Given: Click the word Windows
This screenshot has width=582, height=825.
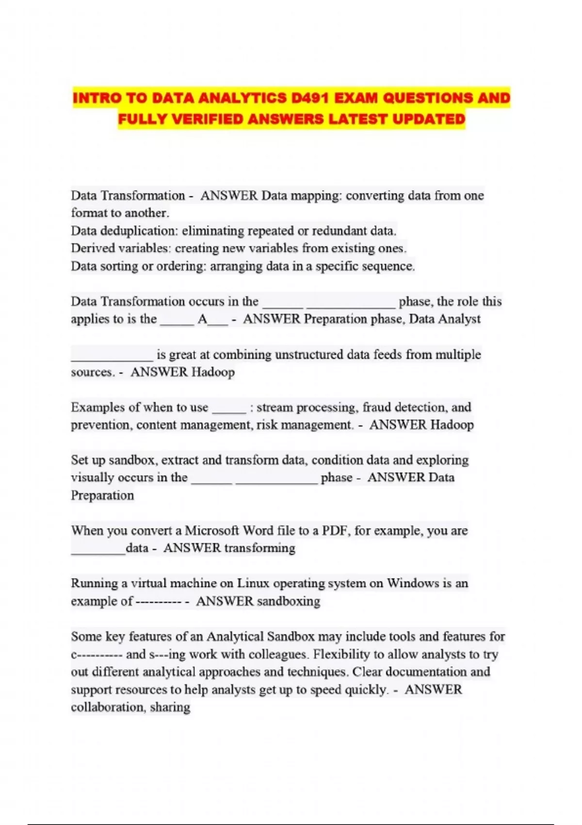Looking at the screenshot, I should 413,583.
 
